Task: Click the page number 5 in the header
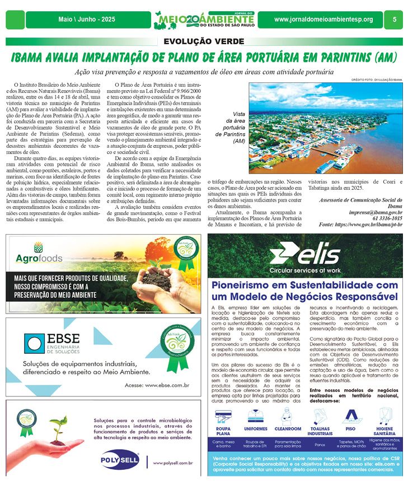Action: click(x=395, y=20)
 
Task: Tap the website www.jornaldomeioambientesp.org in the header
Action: click(x=323, y=20)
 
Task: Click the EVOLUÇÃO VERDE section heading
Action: click(x=204, y=41)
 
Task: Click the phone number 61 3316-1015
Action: click(x=387, y=218)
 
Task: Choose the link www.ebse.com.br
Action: click(x=167, y=385)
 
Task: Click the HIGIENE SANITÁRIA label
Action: click(x=381, y=431)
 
